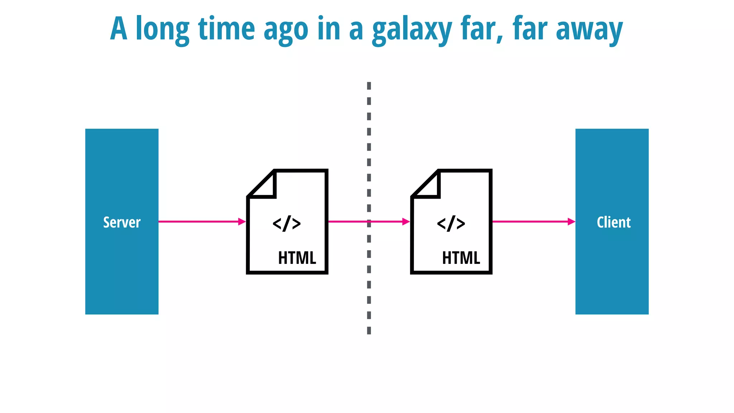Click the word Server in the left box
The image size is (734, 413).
click(x=122, y=222)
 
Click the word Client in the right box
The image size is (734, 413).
click(x=614, y=222)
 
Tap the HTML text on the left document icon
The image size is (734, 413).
click(x=297, y=258)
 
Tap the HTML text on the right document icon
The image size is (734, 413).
click(x=461, y=258)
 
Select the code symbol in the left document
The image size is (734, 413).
click(x=287, y=223)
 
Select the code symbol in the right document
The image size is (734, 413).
click(x=451, y=223)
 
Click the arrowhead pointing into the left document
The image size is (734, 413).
click(x=242, y=222)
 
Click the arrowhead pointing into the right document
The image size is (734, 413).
click(x=406, y=222)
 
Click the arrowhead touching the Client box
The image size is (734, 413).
click(x=571, y=222)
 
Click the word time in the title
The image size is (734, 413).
click(x=226, y=29)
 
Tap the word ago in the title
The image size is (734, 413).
click(x=286, y=31)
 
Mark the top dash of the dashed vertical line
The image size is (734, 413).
click(x=369, y=86)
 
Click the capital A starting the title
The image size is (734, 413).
click(x=119, y=29)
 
